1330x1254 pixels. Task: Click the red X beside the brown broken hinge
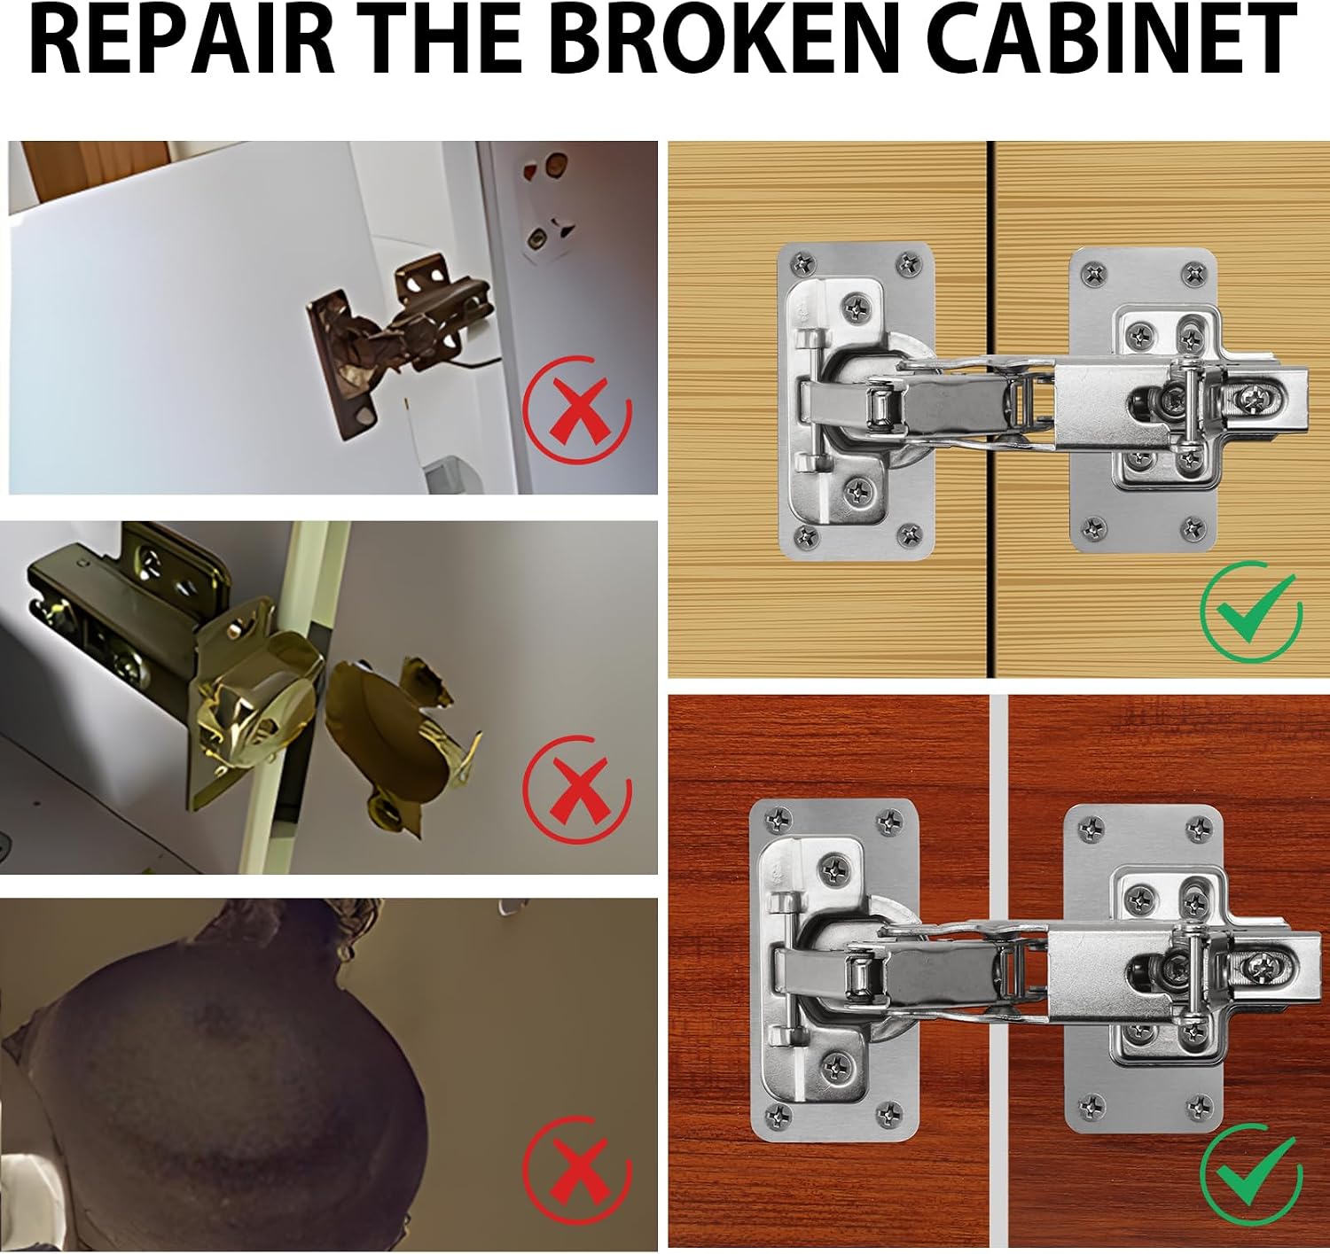[576, 410]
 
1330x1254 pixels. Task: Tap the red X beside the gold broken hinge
[576, 790]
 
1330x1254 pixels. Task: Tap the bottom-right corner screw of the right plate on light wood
[1193, 527]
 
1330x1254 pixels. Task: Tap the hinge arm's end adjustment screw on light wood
[1250, 400]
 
